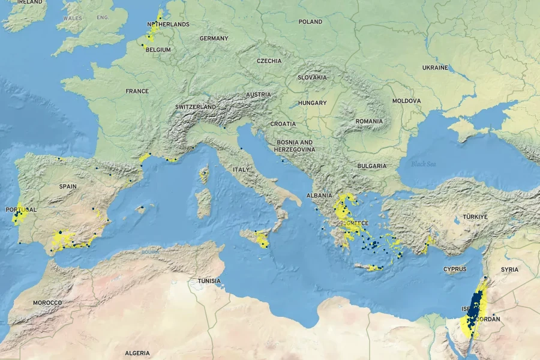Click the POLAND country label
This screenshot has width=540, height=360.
[x=310, y=22]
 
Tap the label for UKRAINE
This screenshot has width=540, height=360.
[x=435, y=68]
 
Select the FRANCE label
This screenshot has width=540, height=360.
[x=137, y=91]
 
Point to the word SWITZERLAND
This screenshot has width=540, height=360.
[x=195, y=107]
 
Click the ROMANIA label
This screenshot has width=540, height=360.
[x=368, y=121]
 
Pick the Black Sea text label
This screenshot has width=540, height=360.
[x=424, y=164]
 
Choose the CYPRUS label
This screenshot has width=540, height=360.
[x=455, y=269]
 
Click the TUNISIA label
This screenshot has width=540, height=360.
[x=209, y=281]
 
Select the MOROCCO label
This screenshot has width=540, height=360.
[x=47, y=303]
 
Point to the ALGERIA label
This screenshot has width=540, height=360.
[x=137, y=353]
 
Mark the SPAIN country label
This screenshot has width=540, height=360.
[x=68, y=187]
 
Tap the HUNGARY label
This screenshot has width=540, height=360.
[x=312, y=103]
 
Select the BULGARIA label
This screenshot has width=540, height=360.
[x=371, y=166]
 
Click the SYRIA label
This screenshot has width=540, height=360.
[x=509, y=269]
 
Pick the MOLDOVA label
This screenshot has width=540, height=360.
[x=406, y=101]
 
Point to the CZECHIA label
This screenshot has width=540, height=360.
[x=269, y=61]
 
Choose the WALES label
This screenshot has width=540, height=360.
[x=73, y=19]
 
